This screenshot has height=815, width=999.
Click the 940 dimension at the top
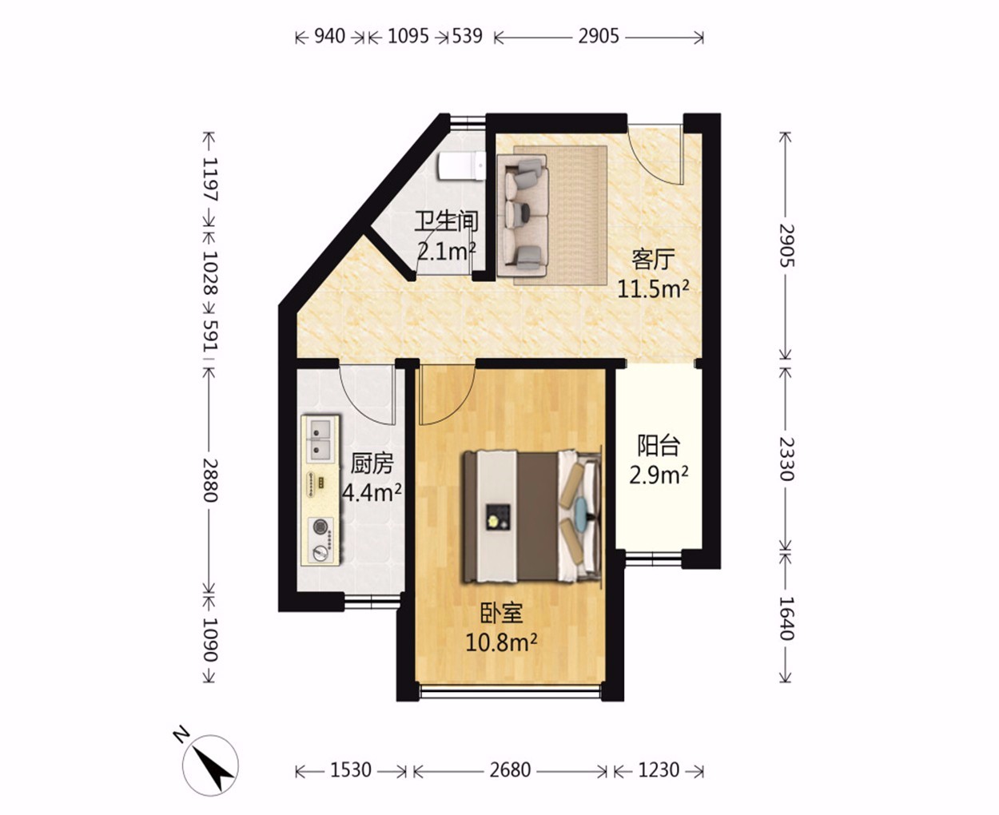click(x=330, y=37)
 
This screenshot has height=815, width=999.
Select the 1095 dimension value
click(x=408, y=37)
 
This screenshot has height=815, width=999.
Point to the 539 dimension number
click(x=467, y=37)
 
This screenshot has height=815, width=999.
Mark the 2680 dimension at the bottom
click(x=510, y=770)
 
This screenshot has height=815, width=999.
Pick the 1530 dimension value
click(x=351, y=770)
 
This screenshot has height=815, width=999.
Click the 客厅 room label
click(x=653, y=259)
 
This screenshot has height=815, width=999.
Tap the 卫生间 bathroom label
click(x=446, y=221)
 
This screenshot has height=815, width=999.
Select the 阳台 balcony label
click(x=659, y=446)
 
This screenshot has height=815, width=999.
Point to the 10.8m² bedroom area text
click(x=501, y=642)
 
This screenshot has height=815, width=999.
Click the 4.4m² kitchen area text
click(x=372, y=493)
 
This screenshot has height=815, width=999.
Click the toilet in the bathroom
click(x=462, y=165)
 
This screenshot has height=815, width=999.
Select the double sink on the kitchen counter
click(x=320, y=439)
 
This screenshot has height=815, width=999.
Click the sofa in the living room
click(x=522, y=216)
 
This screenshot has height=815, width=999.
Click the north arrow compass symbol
click(x=211, y=765)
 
